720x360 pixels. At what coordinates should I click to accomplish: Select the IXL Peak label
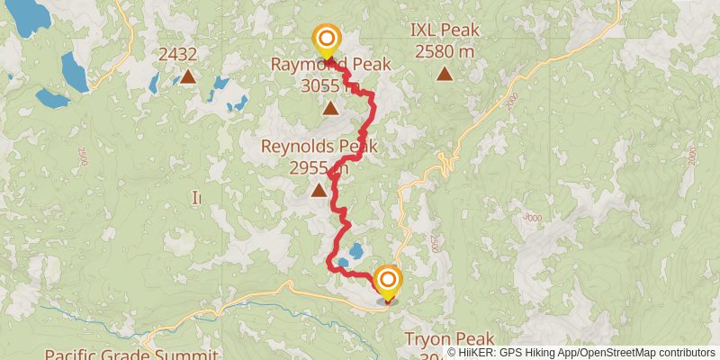click(x=445, y=30)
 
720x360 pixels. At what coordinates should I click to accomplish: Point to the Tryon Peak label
click(x=449, y=339)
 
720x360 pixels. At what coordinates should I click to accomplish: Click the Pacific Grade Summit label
click(x=131, y=354)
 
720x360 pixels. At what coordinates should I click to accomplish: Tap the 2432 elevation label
click(x=177, y=55)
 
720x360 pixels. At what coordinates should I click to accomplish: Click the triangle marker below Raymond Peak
click(x=330, y=109)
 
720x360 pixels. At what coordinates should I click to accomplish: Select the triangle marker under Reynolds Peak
click(x=319, y=190)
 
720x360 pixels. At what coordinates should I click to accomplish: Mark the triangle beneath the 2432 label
click(x=188, y=76)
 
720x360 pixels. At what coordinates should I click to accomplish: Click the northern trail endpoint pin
click(x=326, y=40)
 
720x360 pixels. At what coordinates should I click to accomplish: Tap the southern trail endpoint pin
click(x=388, y=283)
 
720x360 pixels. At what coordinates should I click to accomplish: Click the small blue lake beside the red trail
click(x=356, y=249)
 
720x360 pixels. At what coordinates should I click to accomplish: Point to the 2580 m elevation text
click(x=445, y=51)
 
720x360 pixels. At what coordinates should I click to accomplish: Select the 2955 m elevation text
click(x=319, y=167)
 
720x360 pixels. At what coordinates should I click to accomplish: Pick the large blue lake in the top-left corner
click(x=27, y=13)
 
